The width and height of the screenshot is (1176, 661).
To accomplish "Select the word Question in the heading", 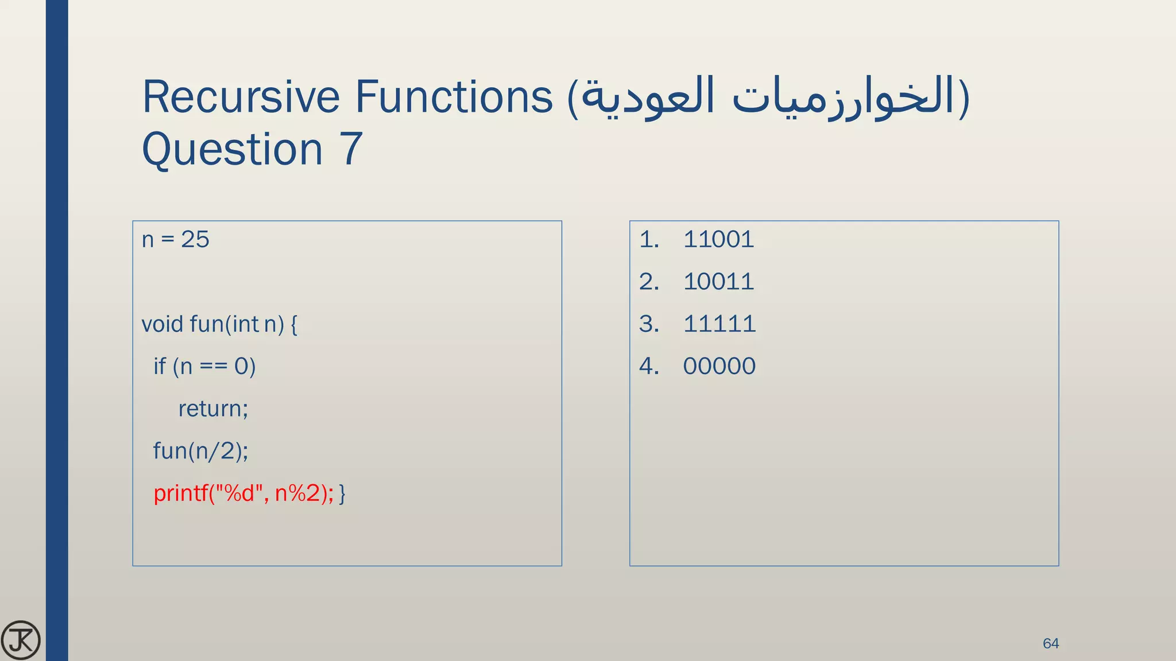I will [x=233, y=149].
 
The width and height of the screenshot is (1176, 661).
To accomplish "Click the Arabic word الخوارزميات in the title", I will [x=844, y=96].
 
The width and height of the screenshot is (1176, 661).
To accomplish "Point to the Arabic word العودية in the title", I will [x=649, y=96].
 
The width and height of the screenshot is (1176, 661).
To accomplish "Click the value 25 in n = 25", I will [x=195, y=239].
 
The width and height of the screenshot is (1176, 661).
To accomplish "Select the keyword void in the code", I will [x=162, y=324].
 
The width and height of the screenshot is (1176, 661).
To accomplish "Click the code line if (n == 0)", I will [x=204, y=366].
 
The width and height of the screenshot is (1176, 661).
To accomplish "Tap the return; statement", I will [x=213, y=409].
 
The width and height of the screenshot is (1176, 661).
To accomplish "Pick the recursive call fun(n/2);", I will [x=200, y=451].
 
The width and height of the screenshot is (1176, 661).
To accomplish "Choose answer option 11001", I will [x=718, y=239].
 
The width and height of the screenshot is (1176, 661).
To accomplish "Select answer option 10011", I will [x=718, y=282].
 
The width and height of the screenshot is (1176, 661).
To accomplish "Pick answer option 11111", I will [x=719, y=324].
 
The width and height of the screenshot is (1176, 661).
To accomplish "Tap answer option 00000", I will [x=719, y=366].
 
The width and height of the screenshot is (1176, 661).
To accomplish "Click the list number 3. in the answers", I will [x=649, y=324].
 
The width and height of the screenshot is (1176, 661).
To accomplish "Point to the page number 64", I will [x=1050, y=643].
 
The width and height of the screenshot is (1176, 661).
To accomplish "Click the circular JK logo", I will [x=21, y=640].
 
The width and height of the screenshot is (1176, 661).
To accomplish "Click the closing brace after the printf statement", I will [x=342, y=493].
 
